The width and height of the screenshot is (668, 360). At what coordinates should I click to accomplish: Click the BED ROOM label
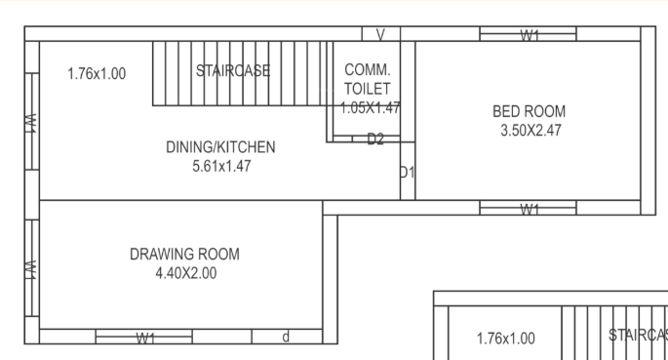click(x=529, y=111)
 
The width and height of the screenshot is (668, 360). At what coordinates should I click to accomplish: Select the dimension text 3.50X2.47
click(x=529, y=129)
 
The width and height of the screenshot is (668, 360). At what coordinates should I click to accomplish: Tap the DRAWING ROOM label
click(x=184, y=255)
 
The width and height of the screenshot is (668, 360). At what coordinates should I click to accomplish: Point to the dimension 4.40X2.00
click(x=184, y=273)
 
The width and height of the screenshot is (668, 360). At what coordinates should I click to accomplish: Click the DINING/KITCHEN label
click(x=220, y=147)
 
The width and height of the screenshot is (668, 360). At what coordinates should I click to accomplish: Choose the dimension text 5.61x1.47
click(x=221, y=166)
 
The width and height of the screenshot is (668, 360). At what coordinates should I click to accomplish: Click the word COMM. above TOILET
click(x=368, y=70)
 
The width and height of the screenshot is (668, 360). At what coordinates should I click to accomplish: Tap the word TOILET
click(x=368, y=89)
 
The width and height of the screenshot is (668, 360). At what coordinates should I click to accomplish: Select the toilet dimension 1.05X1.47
click(x=370, y=107)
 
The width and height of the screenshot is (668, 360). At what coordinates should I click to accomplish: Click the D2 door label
click(x=375, y=140)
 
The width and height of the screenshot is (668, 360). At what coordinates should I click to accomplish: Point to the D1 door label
click(x=407, y=173)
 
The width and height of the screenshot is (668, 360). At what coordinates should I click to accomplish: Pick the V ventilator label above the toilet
click(x=380, y=35)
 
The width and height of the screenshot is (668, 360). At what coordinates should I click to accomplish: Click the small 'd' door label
click(x=286, y=338)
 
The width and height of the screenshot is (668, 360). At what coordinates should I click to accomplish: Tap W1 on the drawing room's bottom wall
click(x=145, y=339)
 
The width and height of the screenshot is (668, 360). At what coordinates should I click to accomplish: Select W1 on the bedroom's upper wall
click(x=530, y=35)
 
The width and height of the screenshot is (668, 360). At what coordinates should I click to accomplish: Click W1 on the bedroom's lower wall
click(x=530, y=209)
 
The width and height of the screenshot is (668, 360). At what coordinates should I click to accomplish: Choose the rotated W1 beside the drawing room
click(x=31, y=266)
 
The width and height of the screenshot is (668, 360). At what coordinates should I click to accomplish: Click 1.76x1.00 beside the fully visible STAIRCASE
click(x=97, y=73)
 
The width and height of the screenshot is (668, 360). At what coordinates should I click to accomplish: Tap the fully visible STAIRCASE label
click(x=232, y=70)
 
